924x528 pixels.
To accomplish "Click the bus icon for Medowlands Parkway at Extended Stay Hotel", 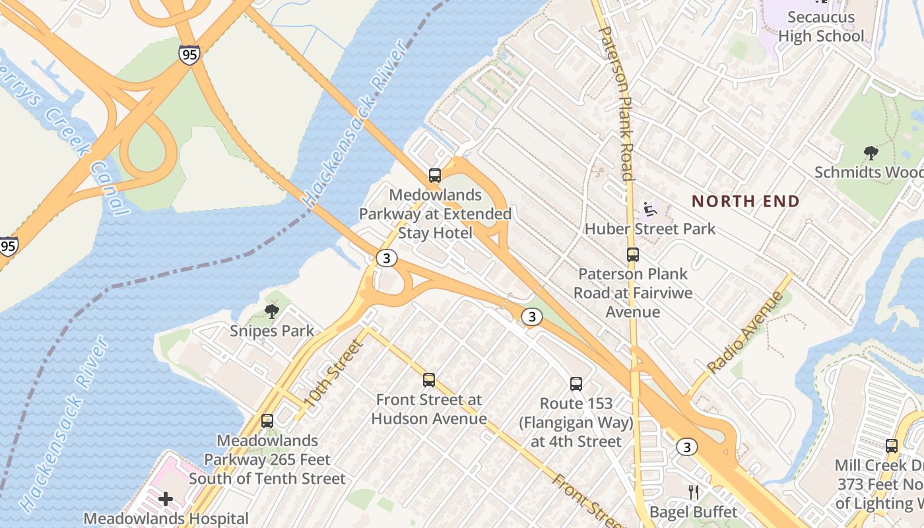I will point(434,176).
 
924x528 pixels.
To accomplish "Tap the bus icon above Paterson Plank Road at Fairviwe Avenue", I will point(632,255).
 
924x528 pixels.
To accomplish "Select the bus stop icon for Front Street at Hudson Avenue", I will point(429,380).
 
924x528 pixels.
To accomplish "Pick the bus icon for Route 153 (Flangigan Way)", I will point(576,384).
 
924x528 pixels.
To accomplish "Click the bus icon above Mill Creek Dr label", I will point(892,446).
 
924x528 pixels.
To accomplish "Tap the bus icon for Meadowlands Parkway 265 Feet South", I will point(267,421).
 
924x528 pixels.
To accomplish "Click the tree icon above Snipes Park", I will point(271,312).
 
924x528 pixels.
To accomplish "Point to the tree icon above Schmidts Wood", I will point(871,153).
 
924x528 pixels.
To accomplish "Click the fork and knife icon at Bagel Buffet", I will point(694,492).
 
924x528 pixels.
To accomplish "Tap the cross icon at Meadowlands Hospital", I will point(166,499).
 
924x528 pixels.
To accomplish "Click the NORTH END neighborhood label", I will point(745,201).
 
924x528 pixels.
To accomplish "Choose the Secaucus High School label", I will point(821,26).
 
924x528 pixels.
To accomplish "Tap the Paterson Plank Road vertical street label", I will point(617,102).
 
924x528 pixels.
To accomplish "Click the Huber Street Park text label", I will point(650,229).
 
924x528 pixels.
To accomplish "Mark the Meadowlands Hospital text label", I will point(166,519).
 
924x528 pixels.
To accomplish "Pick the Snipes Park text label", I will point(272,331).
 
